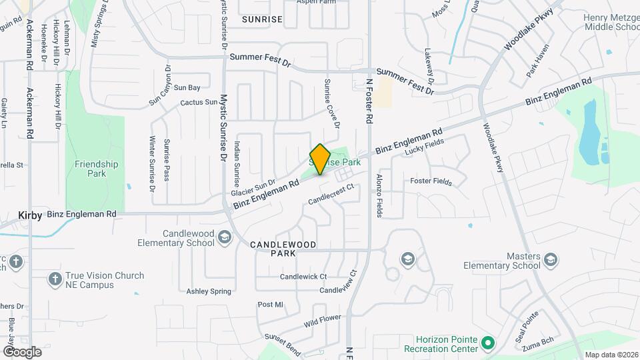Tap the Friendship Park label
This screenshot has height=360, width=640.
(x=97, y=169)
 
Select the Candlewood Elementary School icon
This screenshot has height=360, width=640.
(x=225, y=238)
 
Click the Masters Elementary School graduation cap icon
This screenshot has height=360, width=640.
(x=551, y=259)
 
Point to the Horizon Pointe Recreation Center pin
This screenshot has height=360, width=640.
(x=488, y=344)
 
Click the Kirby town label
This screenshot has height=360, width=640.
(x=31, y=215)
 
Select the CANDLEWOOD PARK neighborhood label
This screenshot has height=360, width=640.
(x=283, y=249)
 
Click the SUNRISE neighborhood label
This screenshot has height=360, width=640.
(x=262, y=19)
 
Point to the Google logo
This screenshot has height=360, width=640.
(x=22, y=351)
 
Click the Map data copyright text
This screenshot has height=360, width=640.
(x=611, y=355)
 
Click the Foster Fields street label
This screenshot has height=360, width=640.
(x=431, y=181)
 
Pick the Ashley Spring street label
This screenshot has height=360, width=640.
(x=209, y=291)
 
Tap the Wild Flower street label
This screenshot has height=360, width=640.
(x=323, y=322)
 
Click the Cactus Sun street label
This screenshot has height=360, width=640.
(x=199, y=103)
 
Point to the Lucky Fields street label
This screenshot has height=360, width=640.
(x=424, y=147)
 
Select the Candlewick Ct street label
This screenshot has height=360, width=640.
(x=303, y=276)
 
